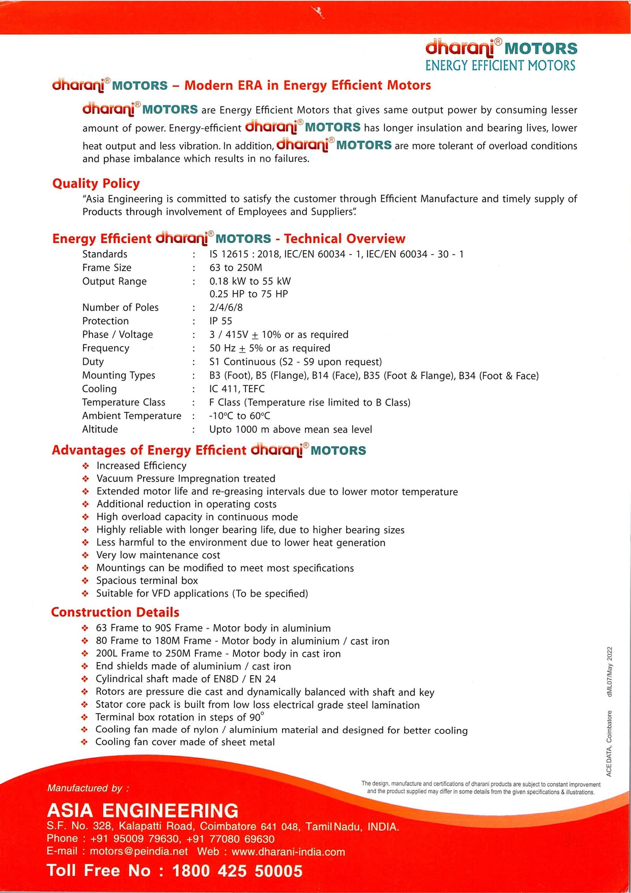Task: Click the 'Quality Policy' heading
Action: point(96,184)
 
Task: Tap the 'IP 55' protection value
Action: point(220,321)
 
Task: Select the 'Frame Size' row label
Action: point(107,268)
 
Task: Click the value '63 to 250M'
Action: point(236,268)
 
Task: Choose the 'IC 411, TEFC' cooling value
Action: point(237,389)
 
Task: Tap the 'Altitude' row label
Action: point(100,430)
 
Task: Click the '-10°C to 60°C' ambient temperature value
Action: point(240,416)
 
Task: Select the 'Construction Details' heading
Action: point(115,612)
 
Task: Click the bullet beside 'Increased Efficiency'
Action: point(86,466)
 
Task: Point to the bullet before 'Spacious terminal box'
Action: point(86,581)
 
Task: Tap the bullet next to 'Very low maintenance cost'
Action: point(86,555)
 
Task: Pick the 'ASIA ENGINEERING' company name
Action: point(142,810)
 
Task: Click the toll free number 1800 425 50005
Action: point(237,871)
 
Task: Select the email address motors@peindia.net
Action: point(139,851)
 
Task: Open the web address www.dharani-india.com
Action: point(288,852)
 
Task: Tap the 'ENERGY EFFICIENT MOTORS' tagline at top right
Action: point(500,66)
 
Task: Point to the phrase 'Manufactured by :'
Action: point(88,788)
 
